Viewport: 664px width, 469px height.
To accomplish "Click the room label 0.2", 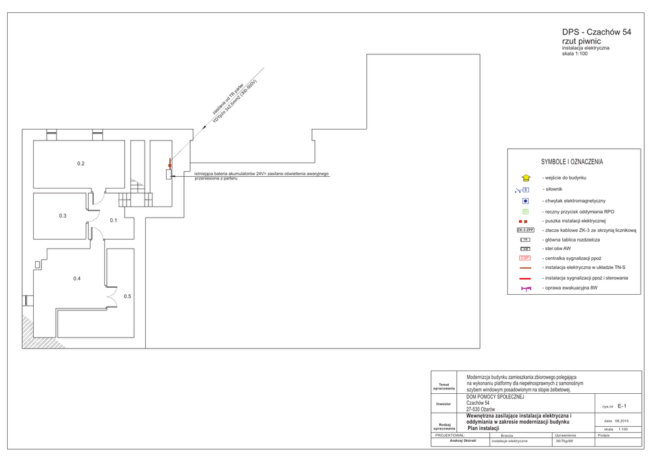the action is (80, 164).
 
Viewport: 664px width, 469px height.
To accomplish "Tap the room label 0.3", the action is (63, 216).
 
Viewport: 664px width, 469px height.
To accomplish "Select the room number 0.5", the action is (128, 296).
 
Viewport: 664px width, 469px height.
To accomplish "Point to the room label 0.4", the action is (77, 279).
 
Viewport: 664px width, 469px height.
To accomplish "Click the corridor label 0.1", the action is (113, 220).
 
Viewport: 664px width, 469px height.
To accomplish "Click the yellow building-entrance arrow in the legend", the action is (526, 177).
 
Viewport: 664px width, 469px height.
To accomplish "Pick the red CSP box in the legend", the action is (525, 258).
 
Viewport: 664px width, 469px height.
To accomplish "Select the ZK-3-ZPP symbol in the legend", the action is (525, 230).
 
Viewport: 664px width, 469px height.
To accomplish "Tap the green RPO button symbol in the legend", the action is (525, 212).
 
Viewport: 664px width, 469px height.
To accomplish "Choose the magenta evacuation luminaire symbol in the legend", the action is (525, 288).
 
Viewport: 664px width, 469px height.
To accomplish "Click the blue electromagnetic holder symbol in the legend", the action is (525, 201).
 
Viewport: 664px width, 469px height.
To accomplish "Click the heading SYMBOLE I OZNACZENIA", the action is (572, 162).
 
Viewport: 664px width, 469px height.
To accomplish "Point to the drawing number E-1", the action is (621, 406).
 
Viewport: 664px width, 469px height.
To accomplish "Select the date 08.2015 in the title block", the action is (621, 421).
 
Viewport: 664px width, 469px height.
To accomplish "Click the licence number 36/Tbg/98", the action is (564, 441).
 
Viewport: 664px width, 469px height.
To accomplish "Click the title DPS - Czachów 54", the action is (596, 32).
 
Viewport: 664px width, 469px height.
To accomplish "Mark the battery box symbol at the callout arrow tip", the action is (169, 174).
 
